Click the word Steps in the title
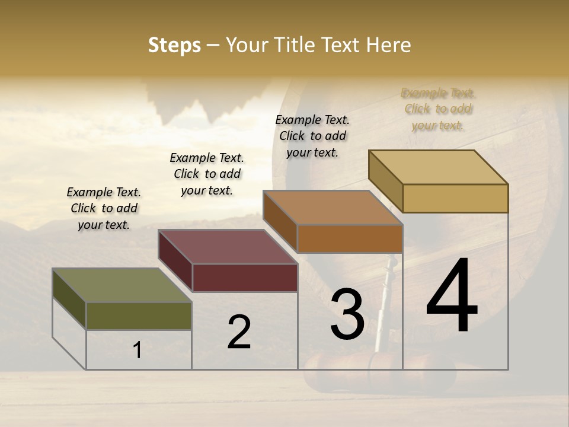174,45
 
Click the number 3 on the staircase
347,314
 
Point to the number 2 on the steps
239,332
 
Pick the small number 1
138,350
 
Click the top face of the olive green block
122,285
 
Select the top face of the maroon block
228,247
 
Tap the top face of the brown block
333,208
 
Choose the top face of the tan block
439,167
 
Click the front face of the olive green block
139,316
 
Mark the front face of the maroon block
245,278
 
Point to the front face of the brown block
350,238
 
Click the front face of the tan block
455,198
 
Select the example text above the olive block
104,208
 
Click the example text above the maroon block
207,174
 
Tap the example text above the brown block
312,136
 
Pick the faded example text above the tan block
438,109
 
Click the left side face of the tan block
386,181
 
